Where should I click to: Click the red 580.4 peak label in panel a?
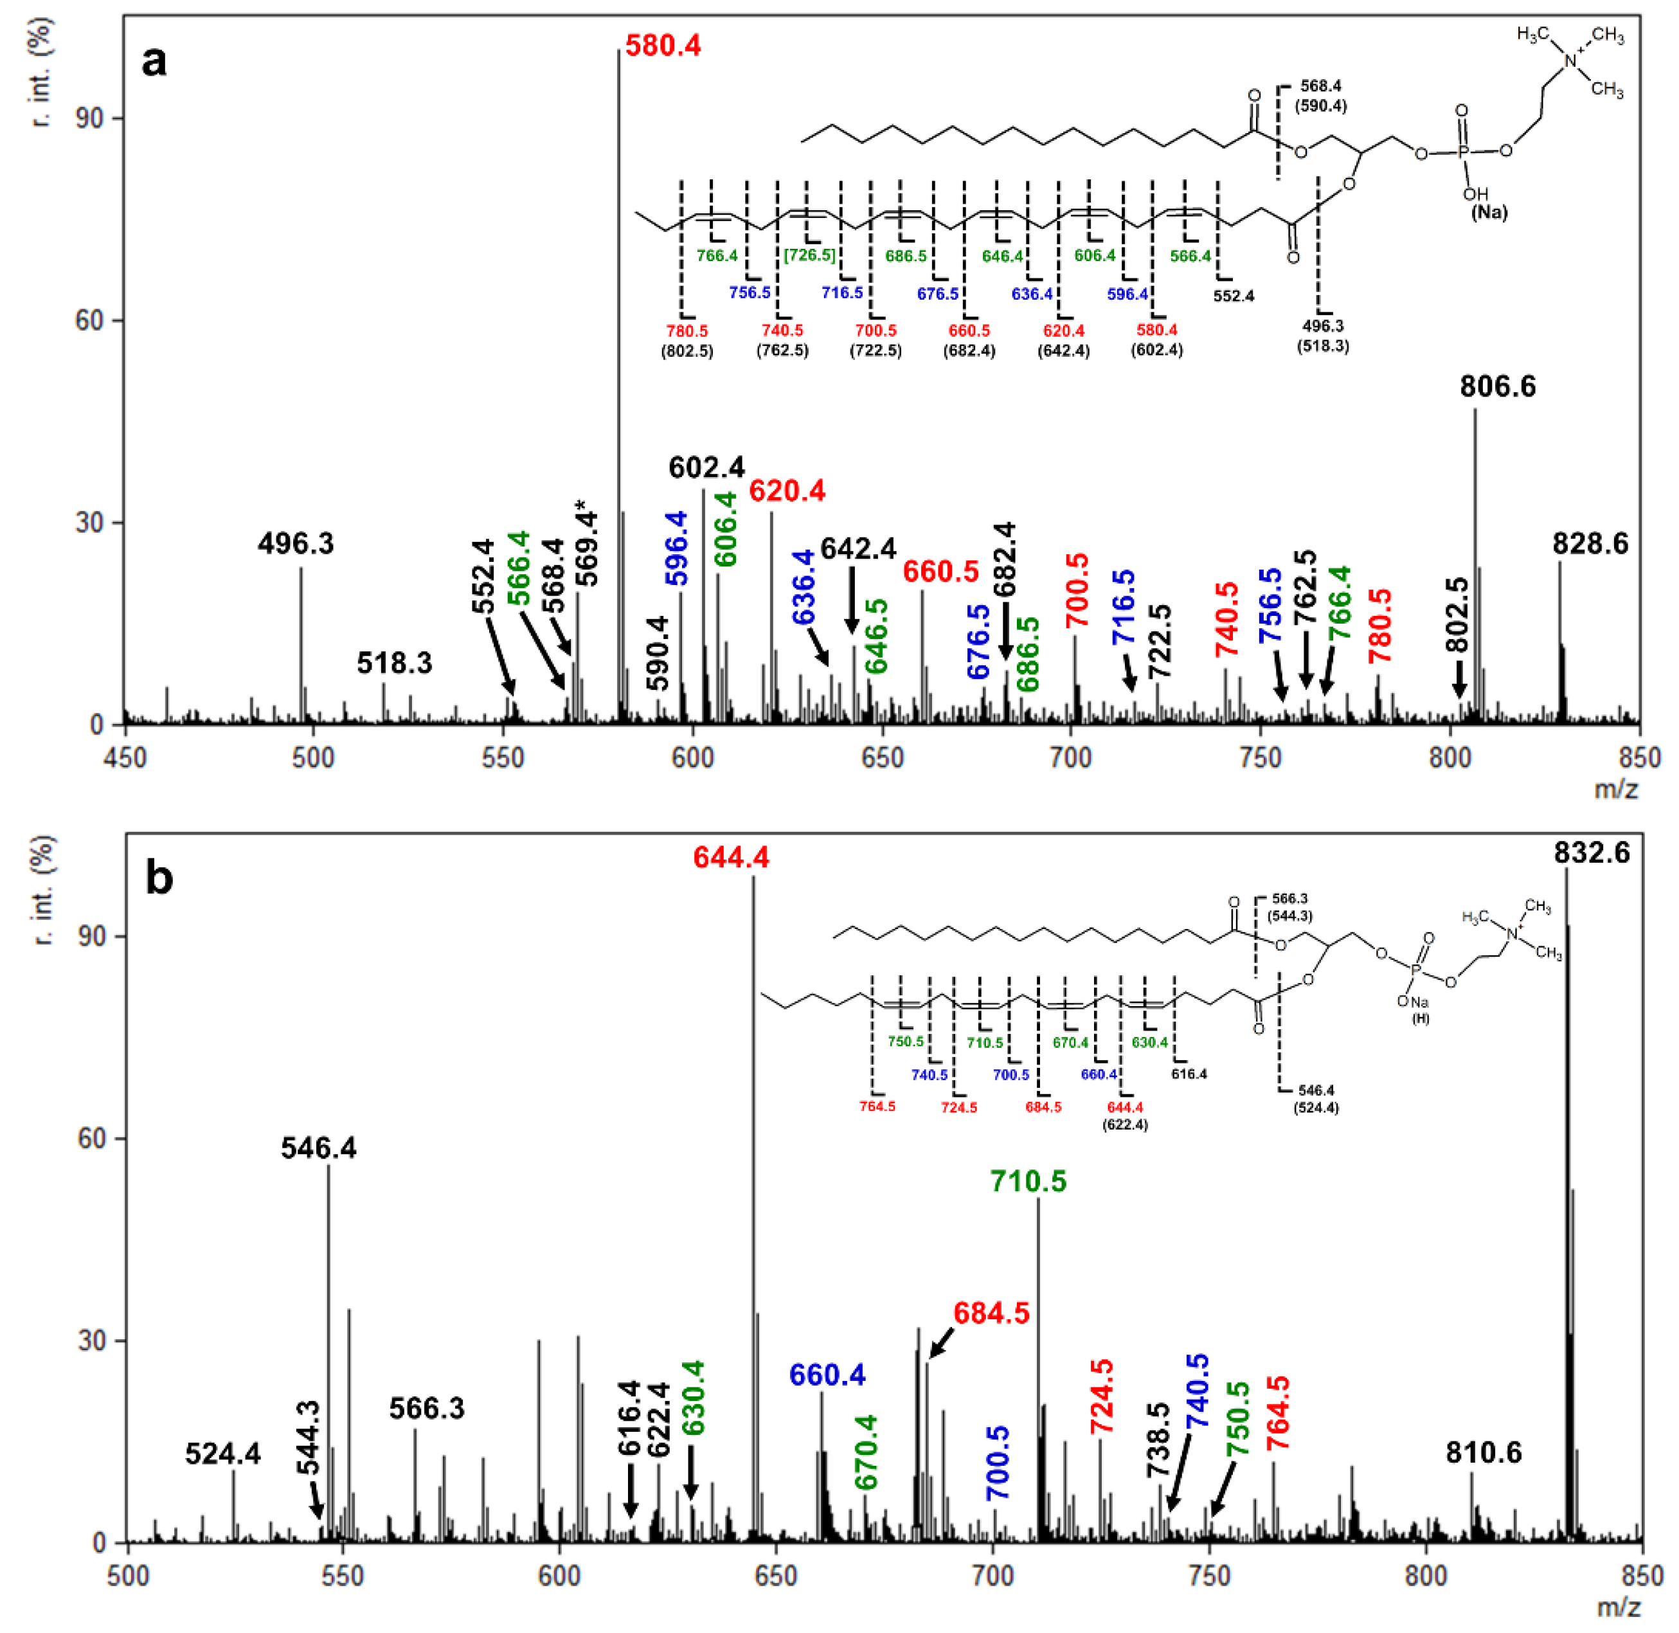pyautogui.click(x=662, y=46)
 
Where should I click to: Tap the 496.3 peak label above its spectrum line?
pyautogui.click(x=296, y=544)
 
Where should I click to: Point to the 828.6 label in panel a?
pyautogui.click(x=1589, y=544)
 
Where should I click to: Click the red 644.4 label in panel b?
pyautogui.click(x=731, y=857)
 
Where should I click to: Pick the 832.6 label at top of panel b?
pyautogui.click(x=1591, y=853)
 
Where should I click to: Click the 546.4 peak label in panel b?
pyautogui.click(x=318, y=1148)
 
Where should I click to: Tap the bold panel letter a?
pyautogui.click(x=154, y=62)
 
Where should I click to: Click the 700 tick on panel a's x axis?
pyautogui.click(x=1071, y=758)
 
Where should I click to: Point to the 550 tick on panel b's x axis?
pyautogui.click(x=343, y=1576)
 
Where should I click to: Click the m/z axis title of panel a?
pyautogui.click(x=1615, y=788)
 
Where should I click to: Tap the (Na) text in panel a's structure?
pyautogui.click(x=1489, y=212)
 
